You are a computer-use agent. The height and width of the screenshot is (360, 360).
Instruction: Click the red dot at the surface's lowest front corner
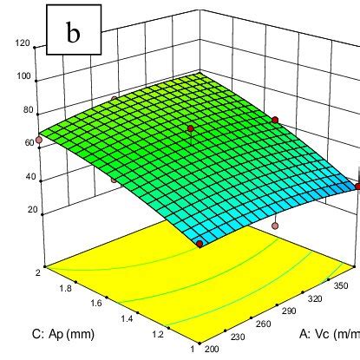click(200, 245)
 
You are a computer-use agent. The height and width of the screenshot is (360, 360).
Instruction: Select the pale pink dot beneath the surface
click(275, 226)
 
